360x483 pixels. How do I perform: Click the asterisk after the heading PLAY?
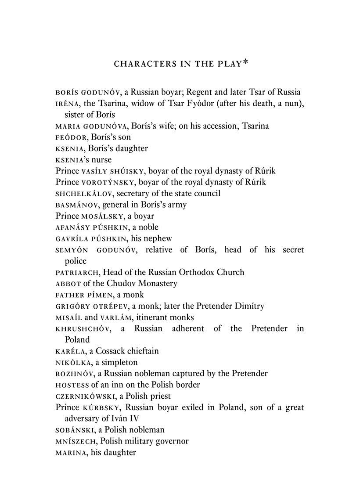click(245, 62)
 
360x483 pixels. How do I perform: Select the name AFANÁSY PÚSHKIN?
click(92, 227)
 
